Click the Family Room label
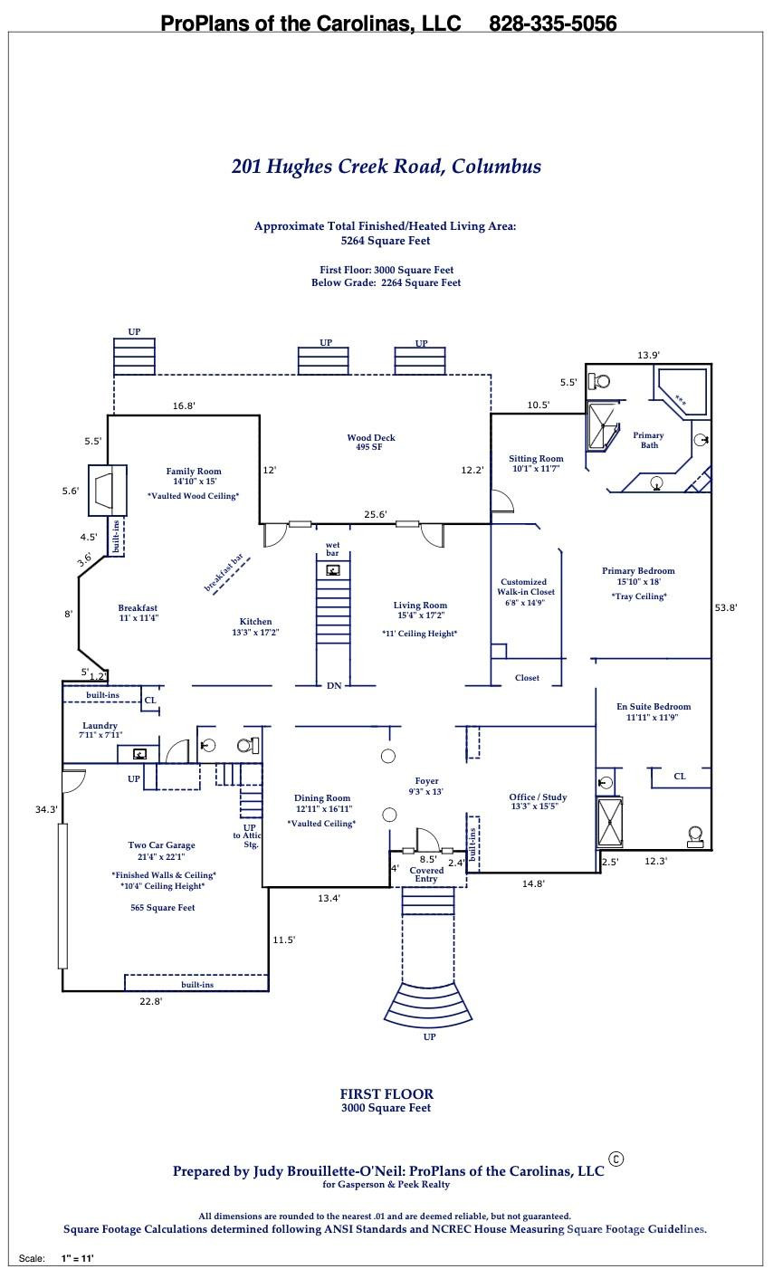[x=193, y=472]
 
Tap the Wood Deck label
[x=371, y=438]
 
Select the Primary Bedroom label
[x=638, y=571]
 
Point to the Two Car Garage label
[x=161, y=845]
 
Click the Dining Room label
[x=322, y=799]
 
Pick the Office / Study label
[x=538, y=797]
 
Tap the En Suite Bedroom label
[x=653, y=707]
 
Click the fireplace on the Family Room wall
[x=107, y=490]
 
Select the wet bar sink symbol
[x=333, y=570]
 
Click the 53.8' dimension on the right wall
[x=725, y=608]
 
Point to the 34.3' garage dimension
[x=46, y=810]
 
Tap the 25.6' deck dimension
[x=375, y=515]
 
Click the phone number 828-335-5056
[x=552, y=24]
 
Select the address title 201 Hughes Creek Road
[x=386, y=167]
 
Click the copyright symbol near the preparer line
[x=616, y=1159]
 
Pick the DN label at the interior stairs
[x=334, y=686]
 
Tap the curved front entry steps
[x=429, y=1005]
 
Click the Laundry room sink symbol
[x=139, y=754]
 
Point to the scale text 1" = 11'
[x=77, y=1258]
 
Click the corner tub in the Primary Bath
[x=682, y=391]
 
